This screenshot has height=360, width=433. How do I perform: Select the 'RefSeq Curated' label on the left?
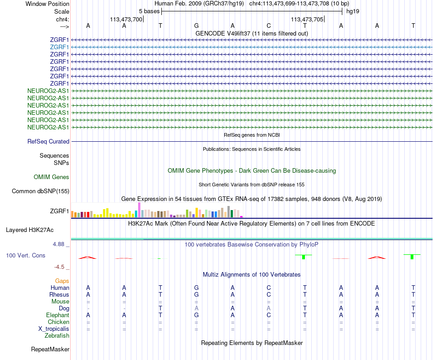click(48, 142)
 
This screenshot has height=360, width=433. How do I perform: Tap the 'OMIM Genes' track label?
click(52, 177)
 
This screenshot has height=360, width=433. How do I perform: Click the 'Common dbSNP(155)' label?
click(40, 191)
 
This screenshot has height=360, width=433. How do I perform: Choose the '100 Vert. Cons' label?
click(26, 256)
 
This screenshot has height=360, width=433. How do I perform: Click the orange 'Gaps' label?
click(62, 281)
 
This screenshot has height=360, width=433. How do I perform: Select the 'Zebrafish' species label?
click(57, 336)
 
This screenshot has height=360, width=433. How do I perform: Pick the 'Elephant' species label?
click(57, 315)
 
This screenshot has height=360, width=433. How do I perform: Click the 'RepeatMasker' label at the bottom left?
click(50, 350)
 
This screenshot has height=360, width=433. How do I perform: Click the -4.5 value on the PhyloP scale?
click(61, 267)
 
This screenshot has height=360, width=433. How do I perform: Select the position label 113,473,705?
click(307, 19)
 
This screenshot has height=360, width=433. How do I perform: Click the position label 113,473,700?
click(126, 19)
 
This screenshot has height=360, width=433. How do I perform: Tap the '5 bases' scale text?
click(149, 11)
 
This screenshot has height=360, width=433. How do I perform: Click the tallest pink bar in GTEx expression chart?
click(139, 210)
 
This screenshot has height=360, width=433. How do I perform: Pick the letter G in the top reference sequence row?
click(196, 26)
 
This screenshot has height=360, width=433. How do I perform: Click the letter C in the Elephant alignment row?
click(268, 315)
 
